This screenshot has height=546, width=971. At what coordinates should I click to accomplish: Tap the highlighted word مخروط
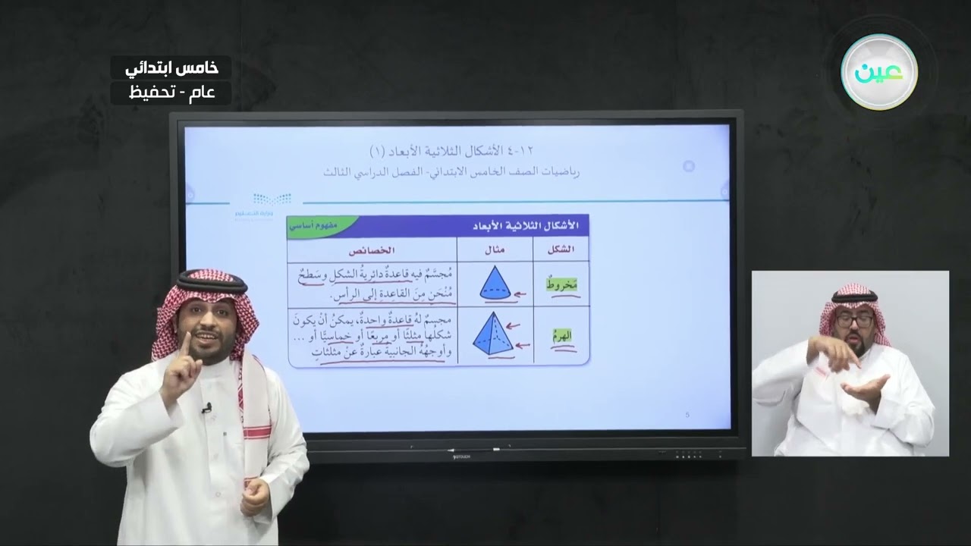561,284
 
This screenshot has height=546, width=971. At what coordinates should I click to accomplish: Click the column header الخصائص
372,249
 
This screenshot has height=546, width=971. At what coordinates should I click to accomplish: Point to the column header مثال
494,249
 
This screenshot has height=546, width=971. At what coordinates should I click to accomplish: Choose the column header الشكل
561,249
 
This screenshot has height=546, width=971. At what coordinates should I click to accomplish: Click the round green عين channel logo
879,73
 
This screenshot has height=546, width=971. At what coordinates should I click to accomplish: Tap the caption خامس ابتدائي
171,67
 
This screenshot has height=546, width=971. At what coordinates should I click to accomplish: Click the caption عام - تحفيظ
171,93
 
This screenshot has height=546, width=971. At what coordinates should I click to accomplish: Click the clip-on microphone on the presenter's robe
206,409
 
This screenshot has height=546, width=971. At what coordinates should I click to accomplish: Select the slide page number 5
687,415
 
